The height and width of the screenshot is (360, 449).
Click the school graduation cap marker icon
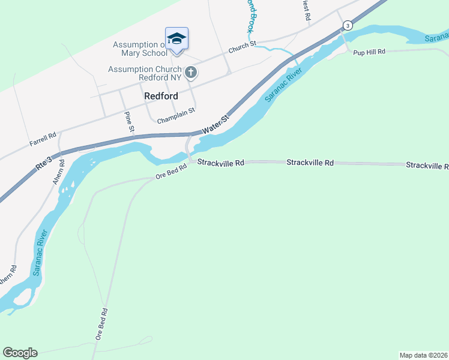pos(176,38)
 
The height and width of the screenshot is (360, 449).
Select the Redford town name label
pos(161,96)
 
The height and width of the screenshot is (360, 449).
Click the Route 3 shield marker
pos(347,25)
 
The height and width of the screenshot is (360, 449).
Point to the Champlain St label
pos(176,116)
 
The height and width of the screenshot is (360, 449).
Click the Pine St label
pos(129,122)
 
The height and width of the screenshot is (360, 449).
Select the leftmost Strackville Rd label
pos(221,163)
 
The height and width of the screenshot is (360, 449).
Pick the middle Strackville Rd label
pos(310,163)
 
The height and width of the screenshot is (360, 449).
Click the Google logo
pos(20,353)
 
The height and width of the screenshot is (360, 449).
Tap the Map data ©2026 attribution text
pos(423,355)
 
